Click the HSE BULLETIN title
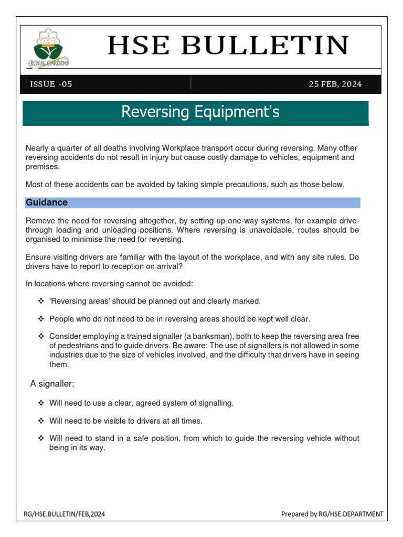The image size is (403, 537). tap(228, 46)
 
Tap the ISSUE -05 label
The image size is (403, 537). tap(51, 84)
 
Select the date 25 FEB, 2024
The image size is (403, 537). tap(335, 84)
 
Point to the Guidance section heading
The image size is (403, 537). tap(47, 202)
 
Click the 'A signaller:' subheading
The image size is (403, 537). tap(52, 384)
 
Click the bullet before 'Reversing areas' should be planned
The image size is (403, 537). tap(41, 301)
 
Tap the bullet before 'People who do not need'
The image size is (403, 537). tap(41, 319)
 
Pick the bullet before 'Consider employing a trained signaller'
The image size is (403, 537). tap(41, 336)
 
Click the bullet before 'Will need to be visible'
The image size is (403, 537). tap(41, 421)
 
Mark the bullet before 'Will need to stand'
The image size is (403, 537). tap(41, 438)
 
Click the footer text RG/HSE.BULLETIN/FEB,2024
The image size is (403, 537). tap(65, 514)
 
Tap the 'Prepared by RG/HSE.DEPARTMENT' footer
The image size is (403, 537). tap(332, 514)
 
